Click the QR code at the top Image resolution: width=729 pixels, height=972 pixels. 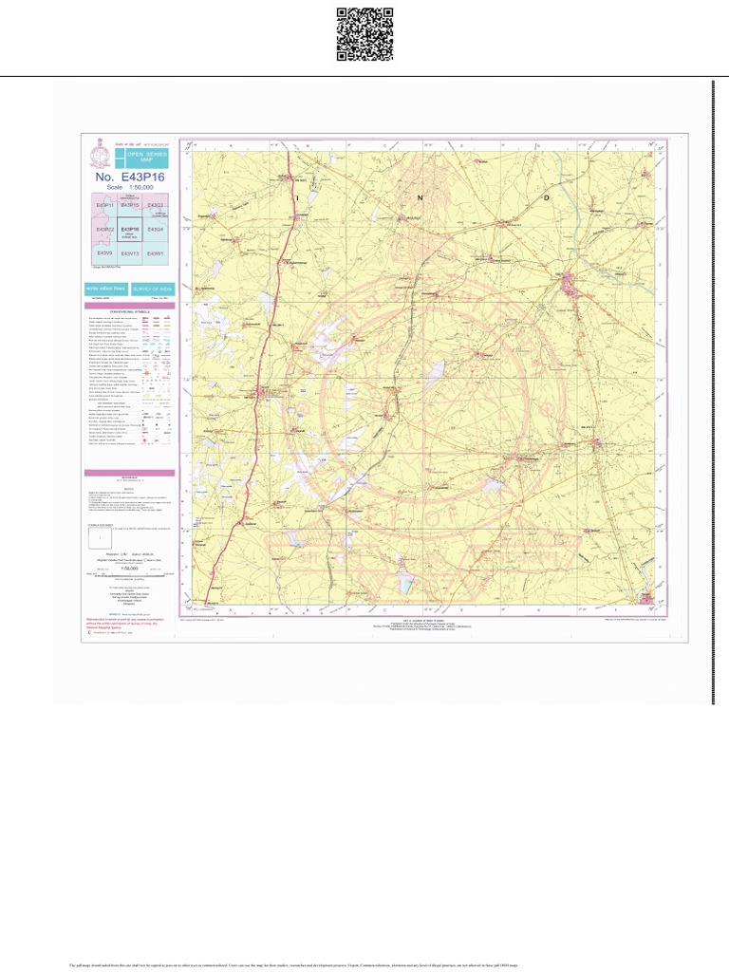pyautogui.click(x=364, y=34)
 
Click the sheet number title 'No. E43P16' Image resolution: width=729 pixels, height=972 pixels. pyautogui.click(x=130, y=177)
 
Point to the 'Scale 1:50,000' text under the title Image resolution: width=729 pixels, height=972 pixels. pyautogui.click(x=129, y=188)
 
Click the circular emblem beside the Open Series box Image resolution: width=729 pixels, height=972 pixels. pyautogui.click(x=98, y=155)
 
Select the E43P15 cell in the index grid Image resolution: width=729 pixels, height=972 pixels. pyautogui.click(x=130, y=205)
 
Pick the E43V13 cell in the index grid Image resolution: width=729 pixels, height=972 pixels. pyautogui.click(x=130, y=253)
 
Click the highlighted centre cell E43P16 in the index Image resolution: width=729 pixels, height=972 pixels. pyautogui.click(x=130, y=230)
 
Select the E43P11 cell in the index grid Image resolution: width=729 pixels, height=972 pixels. pyautogui.click(x=103, y=205)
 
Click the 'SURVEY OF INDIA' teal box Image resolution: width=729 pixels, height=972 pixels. pyautogui.click(x=152, y=288)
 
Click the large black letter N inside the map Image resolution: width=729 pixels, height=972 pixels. pyautogui.click(x=420, y=198)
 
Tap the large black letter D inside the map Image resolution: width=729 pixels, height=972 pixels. pyautogui.click(x=546, y=197)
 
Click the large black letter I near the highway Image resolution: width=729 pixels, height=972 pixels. pyautogui.click(x=296, y=198)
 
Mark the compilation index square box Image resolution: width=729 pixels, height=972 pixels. pyautogui.click(x=100, y=538)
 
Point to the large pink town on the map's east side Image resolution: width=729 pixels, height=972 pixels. pyautogui.click(x=569, y=283)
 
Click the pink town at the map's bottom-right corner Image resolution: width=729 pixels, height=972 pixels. pyautogui.click(x=647, y=598)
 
